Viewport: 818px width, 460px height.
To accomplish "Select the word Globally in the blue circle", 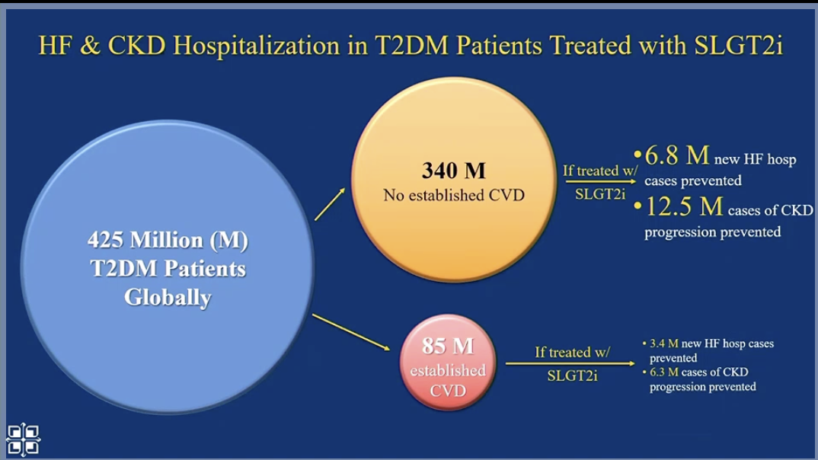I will click(x=168, y=296).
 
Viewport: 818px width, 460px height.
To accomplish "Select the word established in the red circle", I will click(x=448, y=371).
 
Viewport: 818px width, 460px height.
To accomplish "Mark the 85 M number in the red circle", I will click(x=448, y=347).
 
